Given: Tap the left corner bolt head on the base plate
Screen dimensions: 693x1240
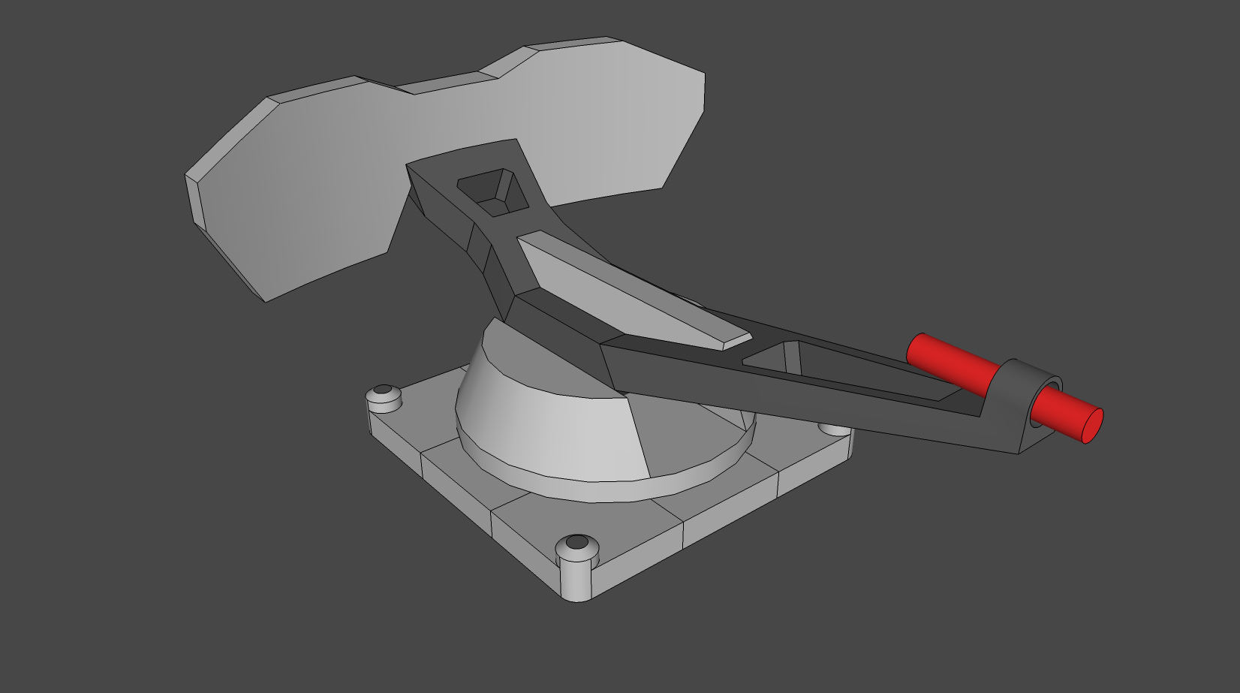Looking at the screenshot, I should click(384, 398).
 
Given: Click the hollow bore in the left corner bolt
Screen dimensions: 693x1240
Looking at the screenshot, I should click(384, 390).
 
